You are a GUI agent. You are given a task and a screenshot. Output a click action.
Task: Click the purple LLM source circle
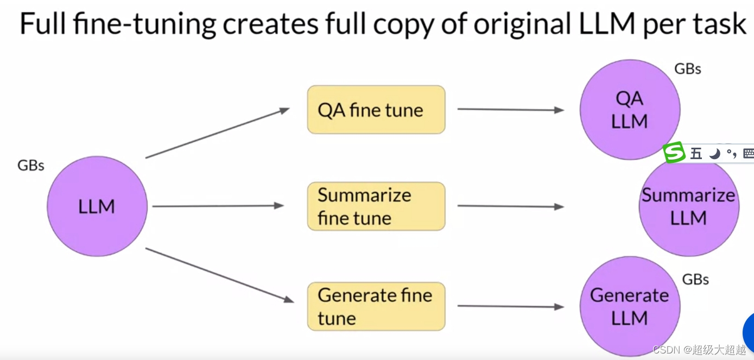[97, 206]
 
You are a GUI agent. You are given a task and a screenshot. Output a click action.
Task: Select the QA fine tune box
[376, 110]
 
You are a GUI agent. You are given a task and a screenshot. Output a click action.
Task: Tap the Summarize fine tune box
[376, 206]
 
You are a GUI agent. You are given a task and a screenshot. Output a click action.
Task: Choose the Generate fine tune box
[376, 306]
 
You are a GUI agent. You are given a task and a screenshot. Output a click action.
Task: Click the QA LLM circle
[630, 110]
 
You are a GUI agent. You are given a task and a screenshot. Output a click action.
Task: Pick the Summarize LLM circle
[688, 206]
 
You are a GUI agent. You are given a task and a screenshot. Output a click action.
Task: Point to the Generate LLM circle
[630, 306]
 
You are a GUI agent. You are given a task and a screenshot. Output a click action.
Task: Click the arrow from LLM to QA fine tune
[217, 133]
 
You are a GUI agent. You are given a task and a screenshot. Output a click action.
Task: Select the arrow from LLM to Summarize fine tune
[217, 206]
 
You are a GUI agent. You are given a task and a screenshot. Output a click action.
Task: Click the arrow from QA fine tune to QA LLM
[510, 110]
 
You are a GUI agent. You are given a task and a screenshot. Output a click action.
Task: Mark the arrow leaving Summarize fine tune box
[510, 206]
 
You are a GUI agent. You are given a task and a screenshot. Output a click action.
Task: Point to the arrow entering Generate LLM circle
[510, 306]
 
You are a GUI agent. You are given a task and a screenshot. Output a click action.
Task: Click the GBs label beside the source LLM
[31, 165]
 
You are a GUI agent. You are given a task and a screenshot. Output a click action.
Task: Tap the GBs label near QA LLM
[687, 69]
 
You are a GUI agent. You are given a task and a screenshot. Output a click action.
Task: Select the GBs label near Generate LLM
[695, 279]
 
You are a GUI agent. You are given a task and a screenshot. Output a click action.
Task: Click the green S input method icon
[675, 153]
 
